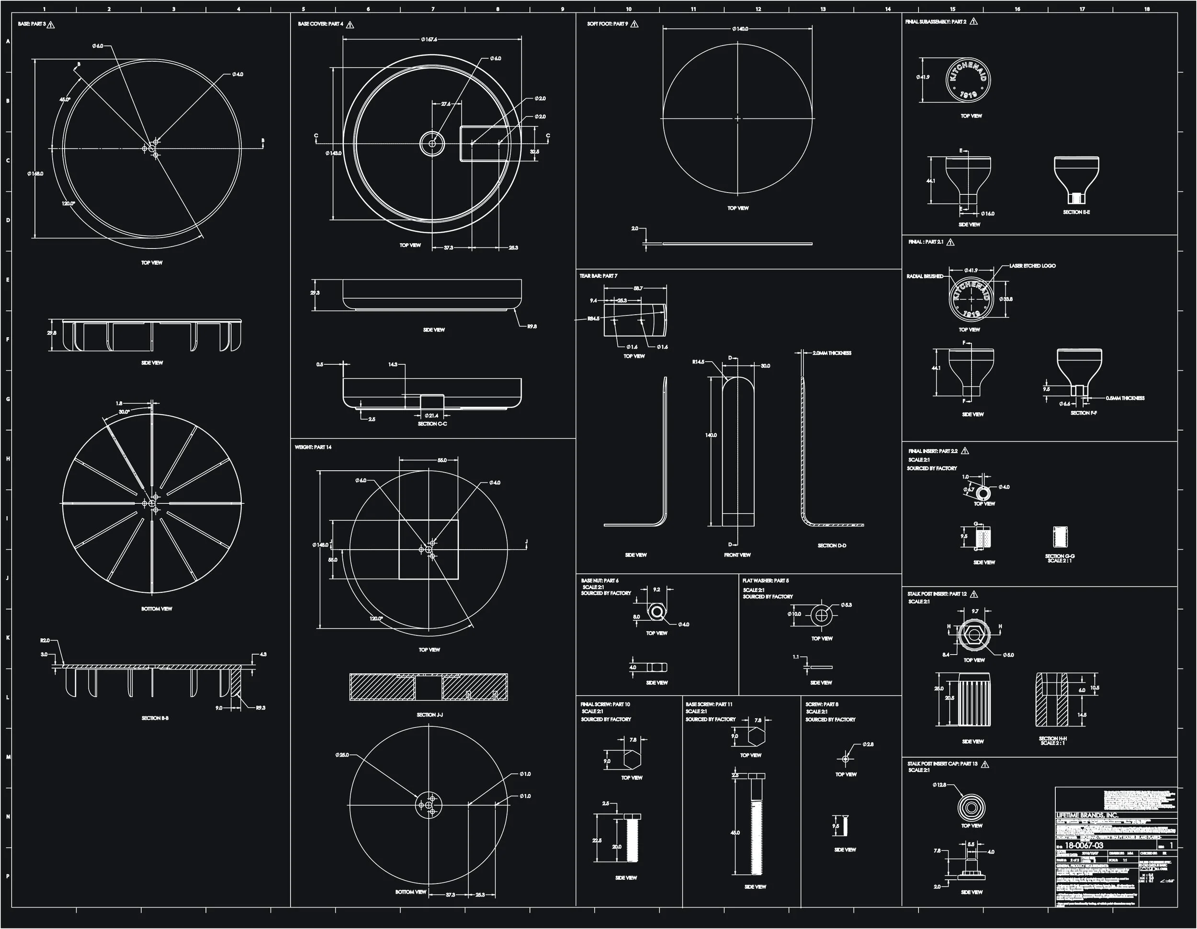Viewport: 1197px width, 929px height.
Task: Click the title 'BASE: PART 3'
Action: click(32, 24)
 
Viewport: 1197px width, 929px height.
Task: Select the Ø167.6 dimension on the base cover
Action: click(429, 39)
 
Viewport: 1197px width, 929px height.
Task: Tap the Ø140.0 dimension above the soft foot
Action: click(740, 29)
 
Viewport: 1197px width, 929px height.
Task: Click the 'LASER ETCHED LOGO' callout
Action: click(1032, 266)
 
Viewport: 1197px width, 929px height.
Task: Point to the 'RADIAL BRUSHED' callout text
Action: click(925, 276)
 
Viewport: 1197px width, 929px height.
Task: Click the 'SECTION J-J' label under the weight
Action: click(429, 714)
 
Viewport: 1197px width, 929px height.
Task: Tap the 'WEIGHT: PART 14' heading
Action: click(313, 447)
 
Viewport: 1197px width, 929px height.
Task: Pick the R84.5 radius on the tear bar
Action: click(593, 318)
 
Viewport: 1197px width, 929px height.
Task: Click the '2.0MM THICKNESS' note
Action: click(831, 353)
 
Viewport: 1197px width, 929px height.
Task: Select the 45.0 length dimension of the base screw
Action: click(735, 833)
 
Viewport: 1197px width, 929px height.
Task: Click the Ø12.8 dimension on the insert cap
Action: click(939, 785)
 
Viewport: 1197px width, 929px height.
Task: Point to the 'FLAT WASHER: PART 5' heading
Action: click(765, 580)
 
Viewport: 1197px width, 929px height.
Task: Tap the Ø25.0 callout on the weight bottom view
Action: click(342, 755)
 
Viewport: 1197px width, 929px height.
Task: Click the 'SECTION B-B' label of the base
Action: click(155, 718)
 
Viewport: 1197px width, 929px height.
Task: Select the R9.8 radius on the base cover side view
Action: click(531, 327)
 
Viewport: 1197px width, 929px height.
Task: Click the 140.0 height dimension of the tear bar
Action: click(711, 435)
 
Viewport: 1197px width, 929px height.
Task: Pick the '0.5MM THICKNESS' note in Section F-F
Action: click(1125, 398)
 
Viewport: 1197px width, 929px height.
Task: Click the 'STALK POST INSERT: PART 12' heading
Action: click(937, 594)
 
